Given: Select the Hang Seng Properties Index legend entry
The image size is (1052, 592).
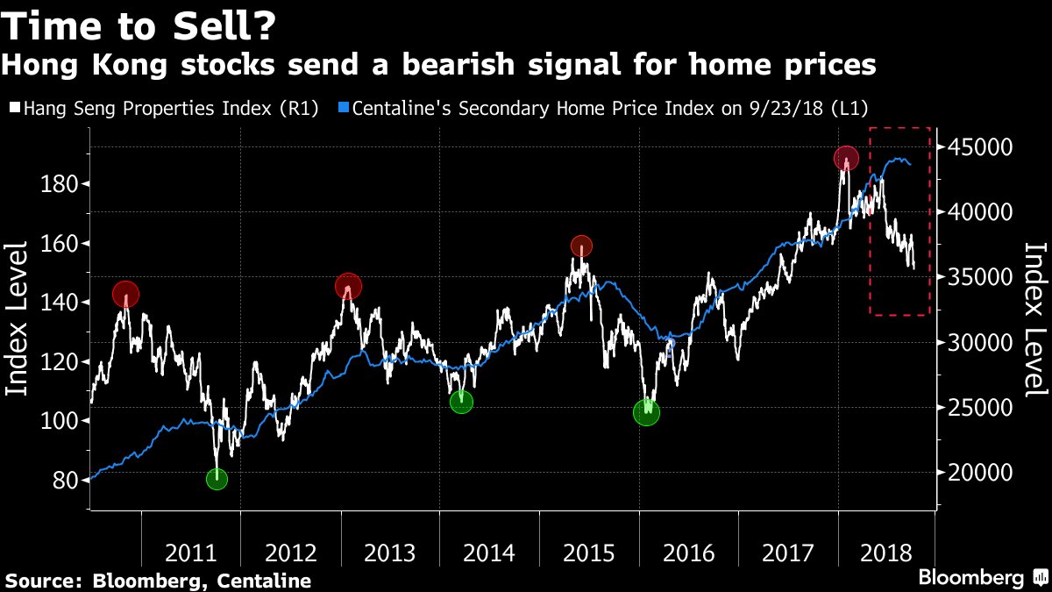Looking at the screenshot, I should [163, 108].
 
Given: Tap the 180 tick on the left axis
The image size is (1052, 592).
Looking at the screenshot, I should [60, 184].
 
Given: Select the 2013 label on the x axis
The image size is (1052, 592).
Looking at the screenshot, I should [390, 553].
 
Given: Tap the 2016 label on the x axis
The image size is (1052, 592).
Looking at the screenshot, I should [688, 553].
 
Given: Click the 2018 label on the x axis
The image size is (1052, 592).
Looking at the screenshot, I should [887, 553].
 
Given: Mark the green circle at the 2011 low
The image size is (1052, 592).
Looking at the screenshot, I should [217, 479].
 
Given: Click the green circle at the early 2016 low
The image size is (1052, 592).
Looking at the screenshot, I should [646, 413].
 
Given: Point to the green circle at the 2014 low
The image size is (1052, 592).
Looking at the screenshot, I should [461, 402].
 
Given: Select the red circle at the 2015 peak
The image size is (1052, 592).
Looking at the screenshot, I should [582, 246].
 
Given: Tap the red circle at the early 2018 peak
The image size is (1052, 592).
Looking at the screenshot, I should [846, 159].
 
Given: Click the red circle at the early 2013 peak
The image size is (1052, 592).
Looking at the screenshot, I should [349, 286].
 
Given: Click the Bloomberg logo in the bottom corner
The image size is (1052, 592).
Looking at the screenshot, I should [982, 578].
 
